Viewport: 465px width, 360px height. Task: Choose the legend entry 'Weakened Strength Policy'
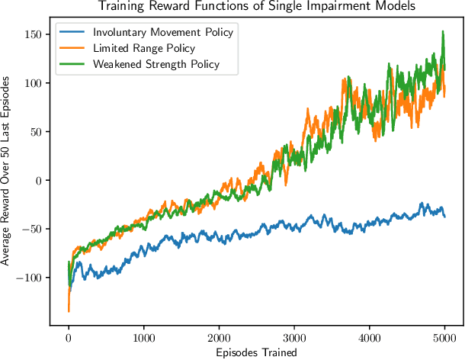tap(156, 63)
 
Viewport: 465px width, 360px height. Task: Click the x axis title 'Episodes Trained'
tap(257, 352)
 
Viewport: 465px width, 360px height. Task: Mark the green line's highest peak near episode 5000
tap(443, 32)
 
